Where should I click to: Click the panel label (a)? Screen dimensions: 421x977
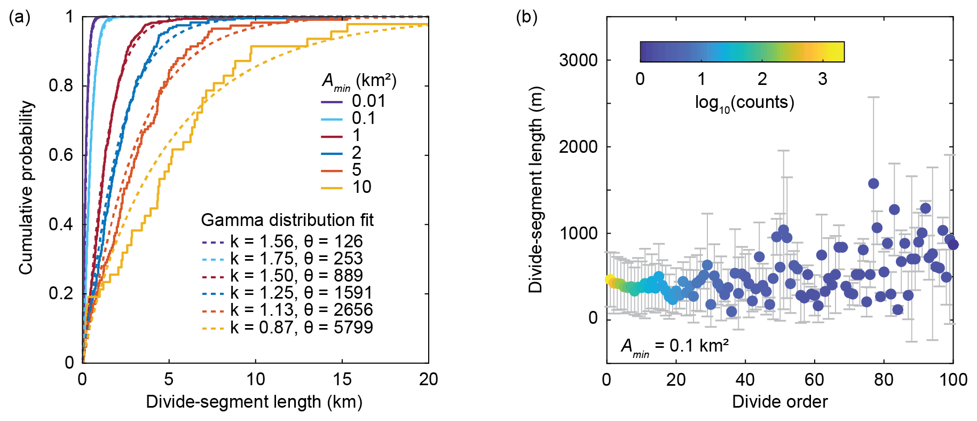[x=20, y=17]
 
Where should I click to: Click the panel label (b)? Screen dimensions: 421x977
[x=526, y=17]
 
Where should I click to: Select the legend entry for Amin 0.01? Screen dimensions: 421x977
[x=353, y=101]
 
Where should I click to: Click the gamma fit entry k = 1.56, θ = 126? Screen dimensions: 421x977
[x=283, y=241]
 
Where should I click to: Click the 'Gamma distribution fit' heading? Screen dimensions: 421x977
[x=287, y=220]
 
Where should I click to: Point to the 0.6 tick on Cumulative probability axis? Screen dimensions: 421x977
[x=61, y=155]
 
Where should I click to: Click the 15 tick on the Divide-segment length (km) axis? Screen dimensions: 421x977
[x=342, y=379]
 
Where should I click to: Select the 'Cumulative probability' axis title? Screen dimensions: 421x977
[x=26, y=188]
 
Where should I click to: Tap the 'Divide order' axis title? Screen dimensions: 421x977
[x=779, y=402]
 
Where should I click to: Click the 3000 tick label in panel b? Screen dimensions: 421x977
[x=578, y=60]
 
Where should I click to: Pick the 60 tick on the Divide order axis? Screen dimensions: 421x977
[x=814, y=379]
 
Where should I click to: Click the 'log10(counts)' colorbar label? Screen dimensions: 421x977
[x=744, y=103]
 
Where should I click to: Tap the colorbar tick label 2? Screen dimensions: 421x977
[x=762, y=79]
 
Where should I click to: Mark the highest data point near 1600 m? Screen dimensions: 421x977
[x=873, y=184]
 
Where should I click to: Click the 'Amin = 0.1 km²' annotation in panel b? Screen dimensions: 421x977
[x=675, y=346]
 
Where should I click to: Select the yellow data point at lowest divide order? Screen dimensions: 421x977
[x=610, y=279]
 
